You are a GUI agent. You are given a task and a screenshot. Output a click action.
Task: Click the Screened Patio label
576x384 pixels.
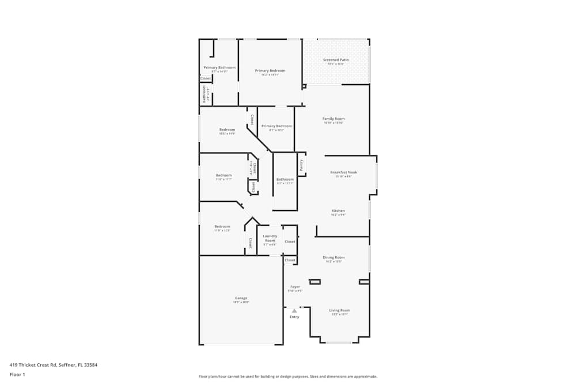pyautogui.click(x=336, y=60)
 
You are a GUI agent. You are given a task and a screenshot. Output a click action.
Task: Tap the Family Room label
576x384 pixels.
pyautogui.click(x=334, y=119)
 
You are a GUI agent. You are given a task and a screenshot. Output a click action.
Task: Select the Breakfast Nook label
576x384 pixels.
pyautogui.click(x=343, y=172)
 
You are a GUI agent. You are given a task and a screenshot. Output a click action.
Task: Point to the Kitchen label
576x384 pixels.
pyautogui.click(x=338, y=211)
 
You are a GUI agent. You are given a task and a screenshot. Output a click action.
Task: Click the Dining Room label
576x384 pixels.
pyautogui.click(x=334, y=257)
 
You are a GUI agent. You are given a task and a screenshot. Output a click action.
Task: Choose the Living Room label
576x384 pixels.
pyautogui.click(x=339, y=310)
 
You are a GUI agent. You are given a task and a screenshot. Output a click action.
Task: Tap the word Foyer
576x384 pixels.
pyautogui.click(x=295, y=287)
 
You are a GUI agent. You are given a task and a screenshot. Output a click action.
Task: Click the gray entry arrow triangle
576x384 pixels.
pyautogui.click(x=294, y=311)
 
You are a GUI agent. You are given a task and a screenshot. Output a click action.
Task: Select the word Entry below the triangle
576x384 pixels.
pyautogui.click(x=294, y=317)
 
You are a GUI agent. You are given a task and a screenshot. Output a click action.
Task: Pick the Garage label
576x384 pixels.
pyautogui.click(x=241, y=298)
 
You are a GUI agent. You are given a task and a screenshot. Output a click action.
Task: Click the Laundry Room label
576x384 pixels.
pyautogui.click(x=270, y=238)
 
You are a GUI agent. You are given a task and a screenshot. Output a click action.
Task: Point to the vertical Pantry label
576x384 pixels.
pyautogui.click(x=301, y=165)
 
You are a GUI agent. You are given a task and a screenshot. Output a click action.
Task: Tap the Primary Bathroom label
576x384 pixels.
pyautogui.click(x=219, y=67)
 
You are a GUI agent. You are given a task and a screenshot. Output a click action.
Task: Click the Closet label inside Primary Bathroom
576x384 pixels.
pyautogui.click(x=206, y=78)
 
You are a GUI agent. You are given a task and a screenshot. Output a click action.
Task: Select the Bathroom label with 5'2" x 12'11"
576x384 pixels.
pyautogui.click(x=285, y=180)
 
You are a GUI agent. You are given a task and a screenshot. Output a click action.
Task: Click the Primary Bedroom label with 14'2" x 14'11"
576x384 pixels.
pyautogui.click(x=270, y=71)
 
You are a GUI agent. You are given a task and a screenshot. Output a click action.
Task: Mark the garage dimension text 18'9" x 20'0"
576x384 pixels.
pyautogui.click(x=241, y=302)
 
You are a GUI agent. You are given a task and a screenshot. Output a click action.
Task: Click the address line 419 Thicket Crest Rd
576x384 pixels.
pyautogui.click(x=53, y=364)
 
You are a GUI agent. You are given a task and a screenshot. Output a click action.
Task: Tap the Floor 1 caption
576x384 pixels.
pyautogui.click(x=17, y=374)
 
